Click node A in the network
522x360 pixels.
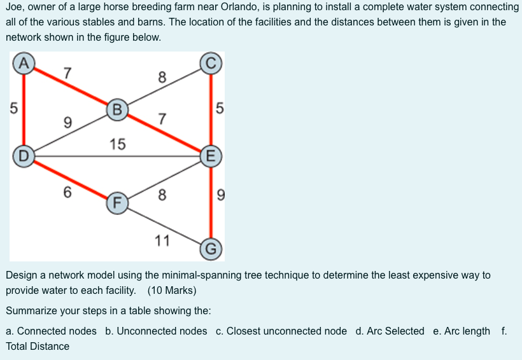click(24, 64)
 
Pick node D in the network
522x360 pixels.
click(24, 155)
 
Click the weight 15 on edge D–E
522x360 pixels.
click(117, 144)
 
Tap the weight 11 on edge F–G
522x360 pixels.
click(162, 240)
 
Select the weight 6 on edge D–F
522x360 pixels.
click(67, 192)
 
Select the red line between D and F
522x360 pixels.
click(70, 179)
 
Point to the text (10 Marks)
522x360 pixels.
click(172, 291)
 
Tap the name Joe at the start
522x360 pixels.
click(15, 8)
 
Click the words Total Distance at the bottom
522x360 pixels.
click(38, 346)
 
